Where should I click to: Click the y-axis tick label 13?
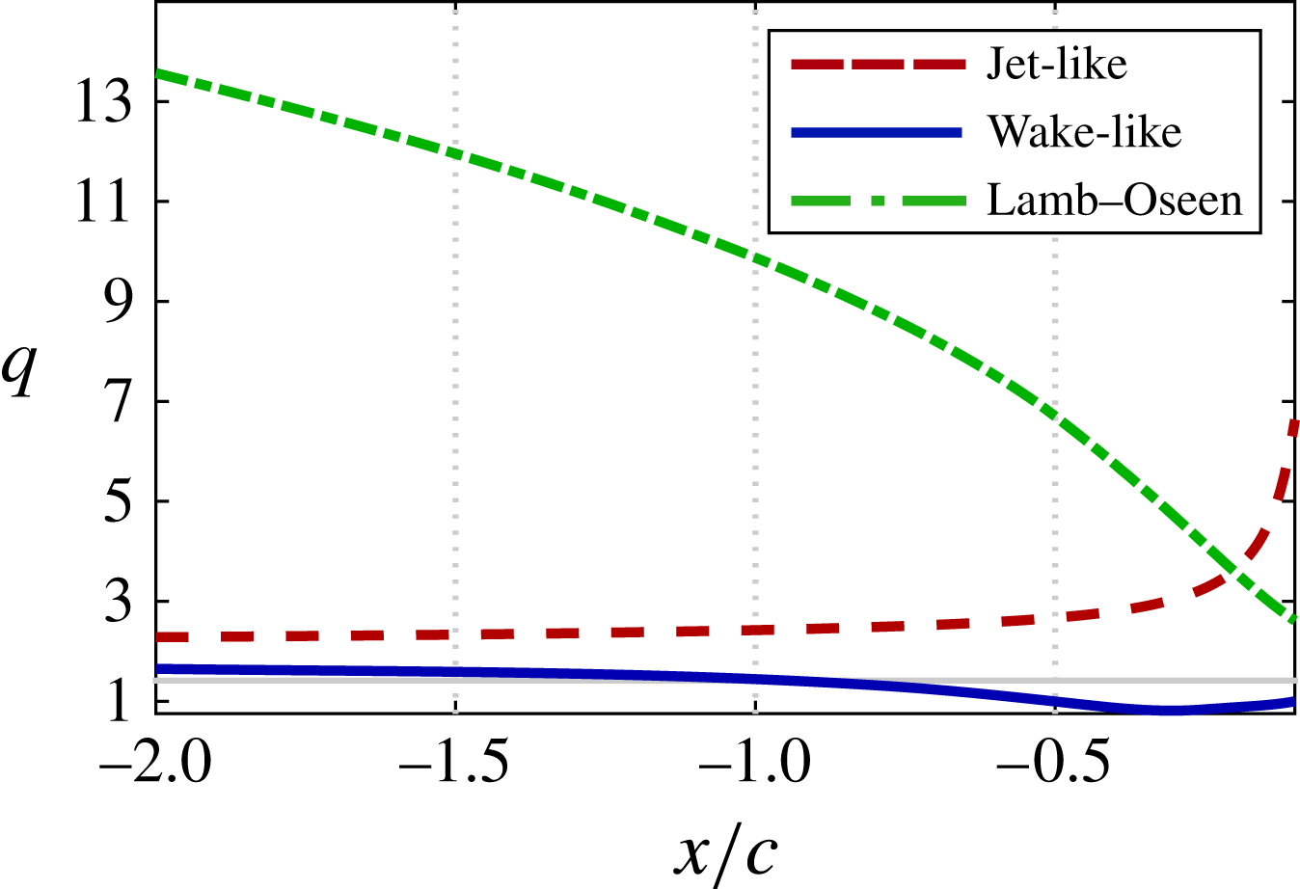tap(104, 101)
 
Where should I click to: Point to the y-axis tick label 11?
tap(104, 202)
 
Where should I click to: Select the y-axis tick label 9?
tap(116, 302)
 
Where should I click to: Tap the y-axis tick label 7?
tap(116, 402)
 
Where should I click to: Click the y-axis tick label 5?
tap(116, 502)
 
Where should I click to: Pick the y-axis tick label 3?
tap(116, 603)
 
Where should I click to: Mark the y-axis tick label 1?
tap(116, 703)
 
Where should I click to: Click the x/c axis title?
tap(725, 849)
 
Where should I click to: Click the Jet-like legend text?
tap(1057, 65)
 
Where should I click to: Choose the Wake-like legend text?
tap(1084, 132)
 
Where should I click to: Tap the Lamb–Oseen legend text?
tap(1115, 201)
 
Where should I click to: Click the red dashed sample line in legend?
tap(877, 65)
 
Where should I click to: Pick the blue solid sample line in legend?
tap(877, 132)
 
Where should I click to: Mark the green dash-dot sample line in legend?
tap(877, 201)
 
